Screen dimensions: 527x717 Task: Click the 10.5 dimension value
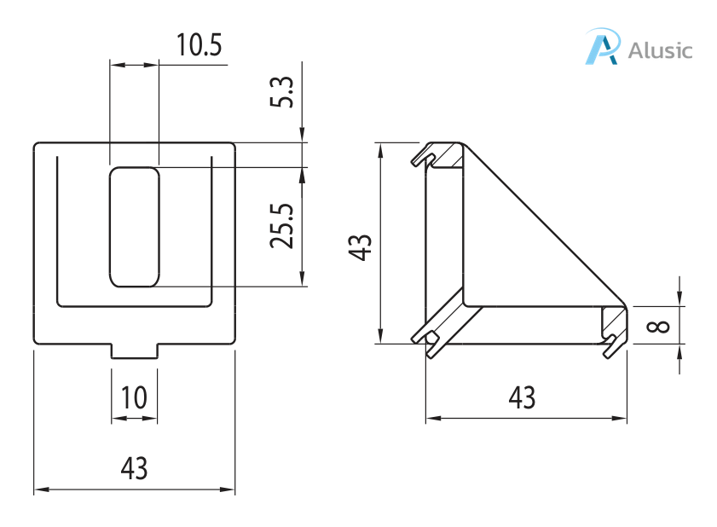tap(198, 45)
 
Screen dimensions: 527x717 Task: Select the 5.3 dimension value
tap(286, 91)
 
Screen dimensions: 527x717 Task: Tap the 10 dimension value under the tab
tap(134, 397)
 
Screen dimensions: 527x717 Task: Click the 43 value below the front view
tap(134, 467)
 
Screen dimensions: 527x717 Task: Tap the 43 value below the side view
tap(522, 397)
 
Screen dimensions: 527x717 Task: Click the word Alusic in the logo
tap(660, 49)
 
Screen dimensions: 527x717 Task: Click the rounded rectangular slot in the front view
tap(134, 226)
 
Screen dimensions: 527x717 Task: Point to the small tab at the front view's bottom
tap(134, 351)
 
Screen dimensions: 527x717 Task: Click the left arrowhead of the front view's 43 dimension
tap(39, 490)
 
